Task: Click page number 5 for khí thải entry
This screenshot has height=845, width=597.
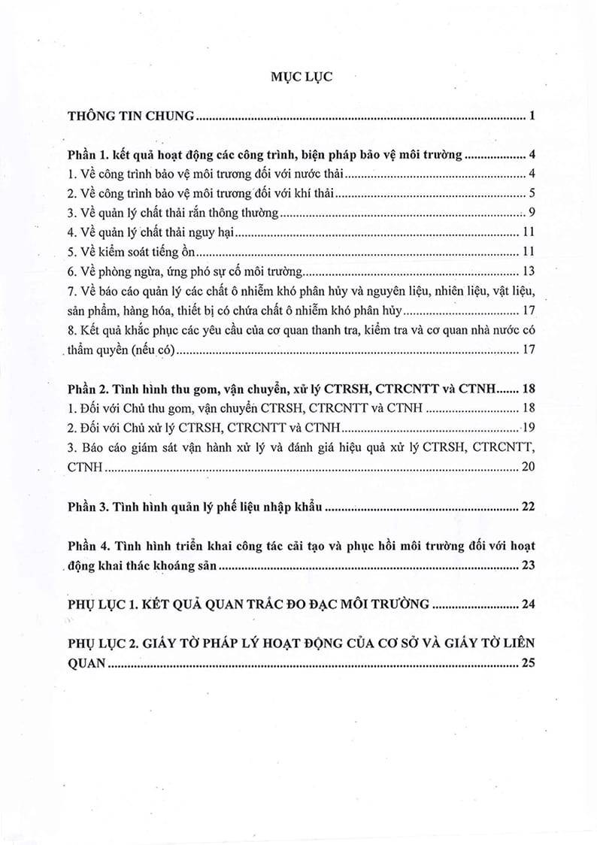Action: pyautogui.click(x=531, y=194)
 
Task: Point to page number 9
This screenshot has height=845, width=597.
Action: pyautogui.click(x=531, y=213)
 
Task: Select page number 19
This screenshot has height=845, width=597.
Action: pyautogui.click(x=528, y=428)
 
